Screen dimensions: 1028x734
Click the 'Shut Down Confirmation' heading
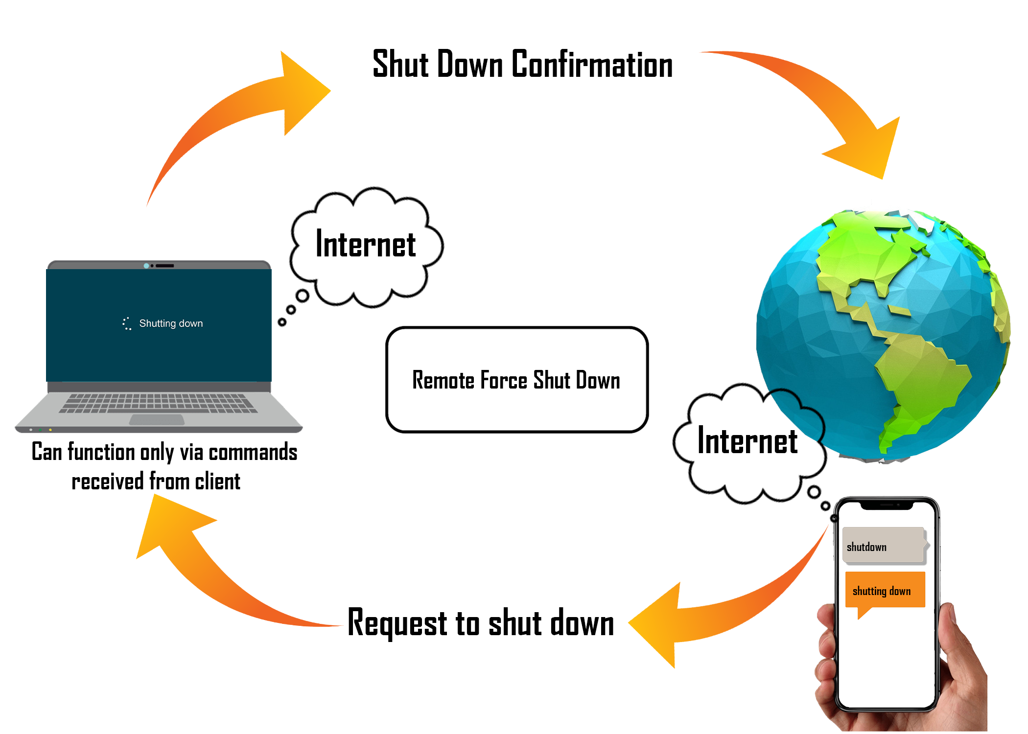(522, 64)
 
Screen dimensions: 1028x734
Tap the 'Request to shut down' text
(481, 623)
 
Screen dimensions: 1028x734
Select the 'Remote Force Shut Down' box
(517, 380)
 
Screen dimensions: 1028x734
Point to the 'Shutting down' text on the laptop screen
(170, 323)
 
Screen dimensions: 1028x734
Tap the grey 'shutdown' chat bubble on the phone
(883, 546)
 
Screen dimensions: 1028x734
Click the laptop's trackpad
(157, 419)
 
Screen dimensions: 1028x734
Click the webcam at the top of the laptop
(146, 266)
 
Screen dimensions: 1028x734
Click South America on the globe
(920, 382)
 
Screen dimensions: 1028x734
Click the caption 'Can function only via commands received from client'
(164, 466)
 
